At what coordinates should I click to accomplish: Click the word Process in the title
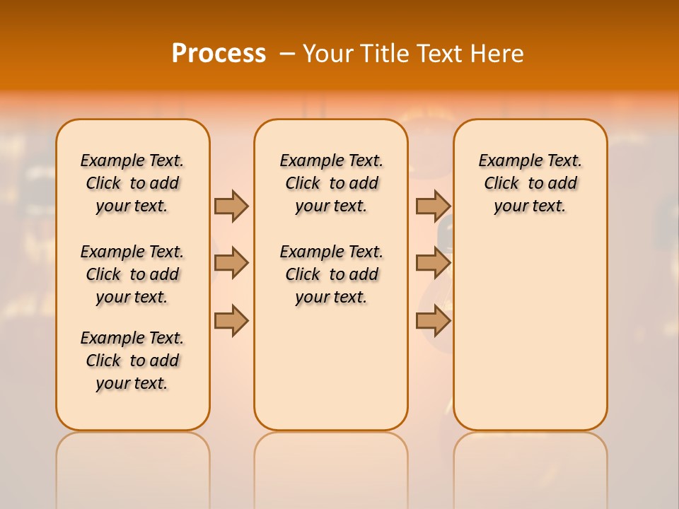point(219,54)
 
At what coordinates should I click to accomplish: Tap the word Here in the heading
point(499,54)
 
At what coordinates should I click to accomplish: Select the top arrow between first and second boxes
point(231,206)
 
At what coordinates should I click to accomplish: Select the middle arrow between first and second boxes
point(231,264)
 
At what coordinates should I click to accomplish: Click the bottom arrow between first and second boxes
point(231,321)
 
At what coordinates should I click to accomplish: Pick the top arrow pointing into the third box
point(433,206)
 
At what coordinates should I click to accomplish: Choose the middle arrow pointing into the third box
point(433,264)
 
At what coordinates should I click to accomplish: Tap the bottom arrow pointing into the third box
point(433,321)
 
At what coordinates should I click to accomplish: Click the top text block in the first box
point(132,183)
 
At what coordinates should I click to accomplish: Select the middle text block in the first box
point(132,274)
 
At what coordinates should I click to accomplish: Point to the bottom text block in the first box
point(132,361)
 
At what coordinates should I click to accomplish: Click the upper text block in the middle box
point(332,183)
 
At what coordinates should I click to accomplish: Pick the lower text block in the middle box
point(332,274)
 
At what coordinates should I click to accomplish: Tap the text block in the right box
point(530,183)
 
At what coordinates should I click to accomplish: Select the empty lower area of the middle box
point(332,368)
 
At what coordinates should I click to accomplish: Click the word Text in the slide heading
point(441,54)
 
